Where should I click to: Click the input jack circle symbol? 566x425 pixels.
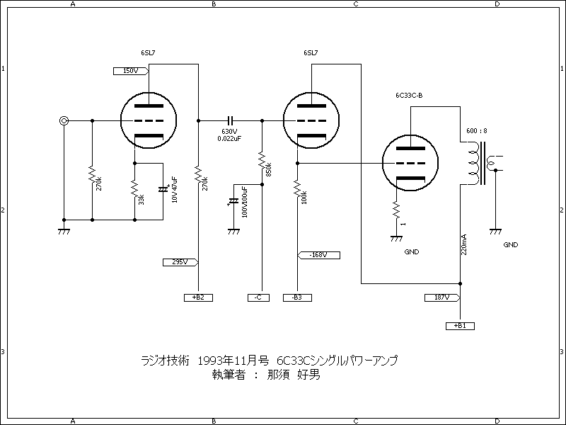(x=64, y=121)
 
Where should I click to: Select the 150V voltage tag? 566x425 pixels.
(x=130, y=71)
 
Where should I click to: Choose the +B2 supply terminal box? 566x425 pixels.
(x=198, y=297)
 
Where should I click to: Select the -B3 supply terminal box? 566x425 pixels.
(x=296, y=297)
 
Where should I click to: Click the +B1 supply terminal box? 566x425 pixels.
(x=460, y=326)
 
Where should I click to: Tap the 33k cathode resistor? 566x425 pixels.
(x=134, y=191)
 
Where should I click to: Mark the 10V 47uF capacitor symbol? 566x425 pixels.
(x=164, y=190)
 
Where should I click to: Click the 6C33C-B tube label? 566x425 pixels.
(x=410, y=95)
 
